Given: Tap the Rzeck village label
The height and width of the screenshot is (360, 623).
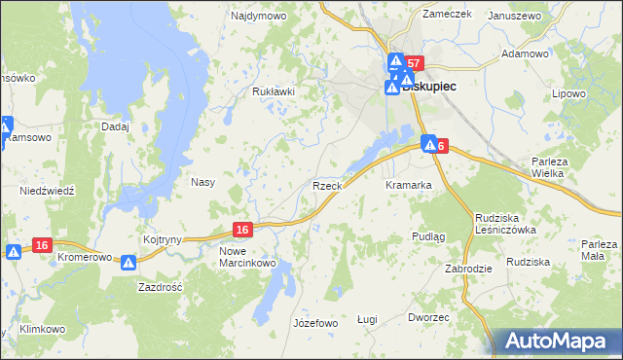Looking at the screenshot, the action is [326, 185].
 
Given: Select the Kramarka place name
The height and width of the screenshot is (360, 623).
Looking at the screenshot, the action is [408, 185].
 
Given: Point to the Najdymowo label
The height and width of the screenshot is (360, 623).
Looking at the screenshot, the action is [255, 17].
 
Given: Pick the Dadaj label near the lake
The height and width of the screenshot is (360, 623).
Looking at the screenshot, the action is [115, 126].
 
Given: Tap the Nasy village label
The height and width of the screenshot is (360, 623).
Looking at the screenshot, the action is [202, 182].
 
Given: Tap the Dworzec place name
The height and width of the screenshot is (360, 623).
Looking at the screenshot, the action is [429, 317].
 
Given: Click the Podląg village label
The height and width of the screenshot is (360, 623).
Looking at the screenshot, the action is [428, 236].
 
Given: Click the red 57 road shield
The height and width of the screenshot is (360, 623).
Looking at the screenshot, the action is [415, 63].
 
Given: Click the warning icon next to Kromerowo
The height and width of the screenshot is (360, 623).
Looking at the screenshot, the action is [129, 262].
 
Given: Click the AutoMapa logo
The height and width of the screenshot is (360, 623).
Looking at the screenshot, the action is [558, 340].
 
